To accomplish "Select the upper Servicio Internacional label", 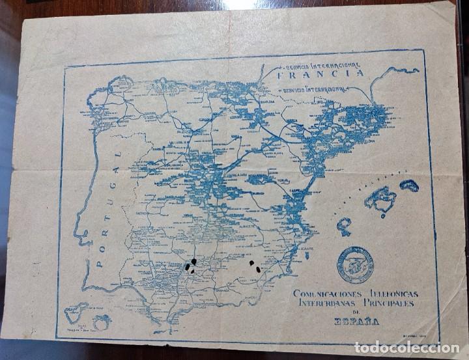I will [x=319, y=64].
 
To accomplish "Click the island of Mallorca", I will [x=380, y=199].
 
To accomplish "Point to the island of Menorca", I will [x=409, y=186].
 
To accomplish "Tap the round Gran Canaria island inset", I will [x=102, y=320].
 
